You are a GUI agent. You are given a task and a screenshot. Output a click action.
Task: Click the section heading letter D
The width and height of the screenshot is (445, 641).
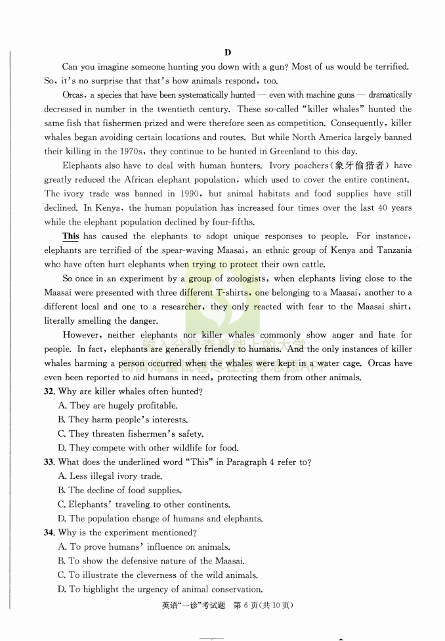(227, 53)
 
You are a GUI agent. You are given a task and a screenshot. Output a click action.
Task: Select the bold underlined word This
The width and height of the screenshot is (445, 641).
(70, 236)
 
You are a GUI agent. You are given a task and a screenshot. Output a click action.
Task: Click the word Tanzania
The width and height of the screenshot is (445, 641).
(392, 250)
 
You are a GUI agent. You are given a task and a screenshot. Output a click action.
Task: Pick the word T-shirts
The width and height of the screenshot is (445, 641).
(232, 293)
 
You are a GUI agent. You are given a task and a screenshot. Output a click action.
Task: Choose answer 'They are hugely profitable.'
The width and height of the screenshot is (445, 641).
(117, 406)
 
